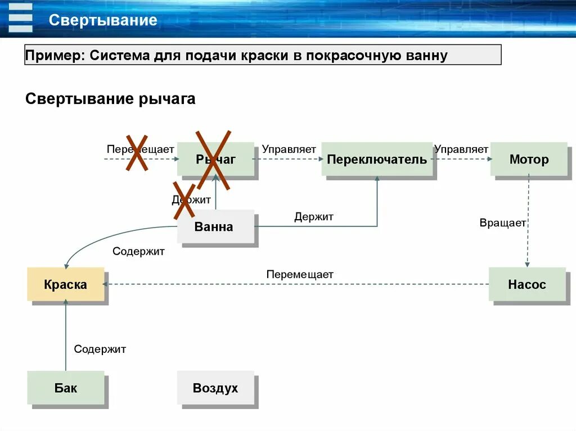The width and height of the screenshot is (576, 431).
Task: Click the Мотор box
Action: point(529,160)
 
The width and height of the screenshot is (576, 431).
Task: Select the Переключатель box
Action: point(377,160)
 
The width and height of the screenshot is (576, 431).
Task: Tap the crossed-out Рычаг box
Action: point(215,160)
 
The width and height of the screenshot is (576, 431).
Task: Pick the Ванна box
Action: point(214,227)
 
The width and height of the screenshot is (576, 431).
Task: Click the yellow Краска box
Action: point(66,285)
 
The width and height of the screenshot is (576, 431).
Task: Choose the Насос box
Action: point(527,285)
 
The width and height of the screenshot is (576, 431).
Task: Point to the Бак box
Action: point(66,388)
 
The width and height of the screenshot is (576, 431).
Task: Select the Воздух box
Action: point(215,388)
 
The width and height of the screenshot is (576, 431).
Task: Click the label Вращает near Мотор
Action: point(503,223)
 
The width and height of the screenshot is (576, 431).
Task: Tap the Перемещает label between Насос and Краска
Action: point(300,275)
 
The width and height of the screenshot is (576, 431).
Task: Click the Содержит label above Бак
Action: point(100,350)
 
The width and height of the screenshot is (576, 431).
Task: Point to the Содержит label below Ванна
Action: point(138,252)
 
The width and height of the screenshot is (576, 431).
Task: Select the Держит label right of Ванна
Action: point(314,217)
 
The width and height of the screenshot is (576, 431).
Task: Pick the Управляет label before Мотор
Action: point(461,149)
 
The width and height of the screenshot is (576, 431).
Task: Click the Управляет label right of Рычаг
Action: point(289,149)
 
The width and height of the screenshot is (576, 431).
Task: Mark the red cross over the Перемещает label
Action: point(137,152)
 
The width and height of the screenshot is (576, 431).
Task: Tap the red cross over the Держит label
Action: point(184,200)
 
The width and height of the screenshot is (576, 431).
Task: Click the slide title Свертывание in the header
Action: point(103,21)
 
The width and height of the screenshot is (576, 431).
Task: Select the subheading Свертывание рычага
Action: point(110,99)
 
